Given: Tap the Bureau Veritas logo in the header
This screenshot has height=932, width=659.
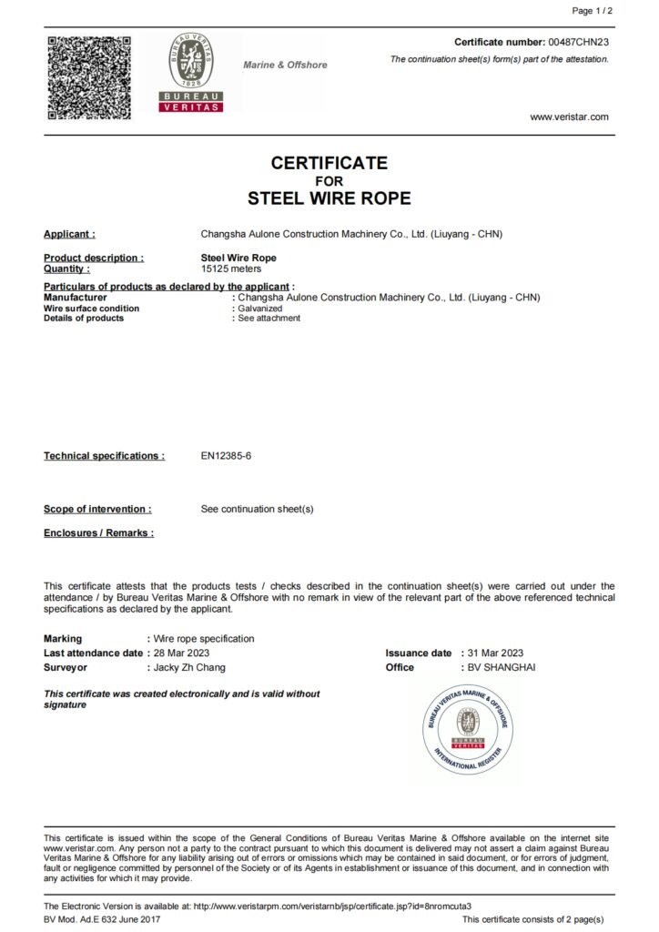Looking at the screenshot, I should point(190,72).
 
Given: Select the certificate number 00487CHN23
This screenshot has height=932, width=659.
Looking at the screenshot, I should point(578,43).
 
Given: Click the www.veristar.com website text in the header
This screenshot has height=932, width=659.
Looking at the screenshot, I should point(569,116).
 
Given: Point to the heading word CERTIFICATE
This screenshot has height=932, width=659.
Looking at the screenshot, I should point(329,163).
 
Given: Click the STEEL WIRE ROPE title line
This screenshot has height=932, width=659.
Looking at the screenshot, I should point(329,198).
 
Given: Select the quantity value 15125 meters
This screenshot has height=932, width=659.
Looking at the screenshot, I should point(231,269).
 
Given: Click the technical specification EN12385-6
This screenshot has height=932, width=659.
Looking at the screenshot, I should point(226,456).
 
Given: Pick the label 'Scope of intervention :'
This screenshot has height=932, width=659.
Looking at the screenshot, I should point(97,510).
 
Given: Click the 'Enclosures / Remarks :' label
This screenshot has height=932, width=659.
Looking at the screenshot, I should point(98,533).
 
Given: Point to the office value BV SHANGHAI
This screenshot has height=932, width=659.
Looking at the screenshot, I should point(502,667).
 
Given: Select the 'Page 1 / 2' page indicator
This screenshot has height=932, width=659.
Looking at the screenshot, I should point(593,11).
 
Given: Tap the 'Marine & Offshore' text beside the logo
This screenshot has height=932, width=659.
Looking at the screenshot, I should point(285,66).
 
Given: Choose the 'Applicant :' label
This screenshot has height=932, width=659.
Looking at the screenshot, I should point(69,235).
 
